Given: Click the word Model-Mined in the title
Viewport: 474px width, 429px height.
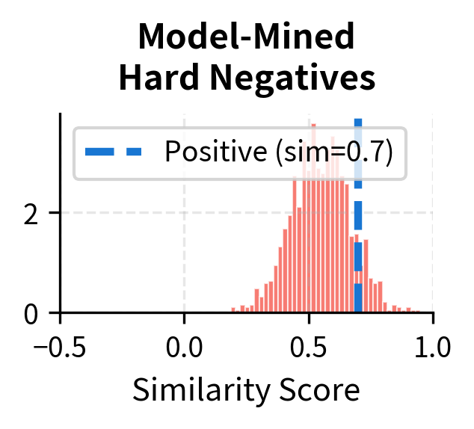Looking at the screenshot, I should point(247,37).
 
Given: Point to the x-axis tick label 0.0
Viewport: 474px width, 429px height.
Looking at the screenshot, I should point(185,348).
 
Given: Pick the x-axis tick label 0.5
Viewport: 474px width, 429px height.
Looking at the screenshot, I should point(309,348).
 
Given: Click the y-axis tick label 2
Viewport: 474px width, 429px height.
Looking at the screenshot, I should point(31,213).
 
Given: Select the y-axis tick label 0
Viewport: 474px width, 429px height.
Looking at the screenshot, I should point(31,313).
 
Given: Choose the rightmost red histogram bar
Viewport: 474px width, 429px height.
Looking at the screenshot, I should point(416,311).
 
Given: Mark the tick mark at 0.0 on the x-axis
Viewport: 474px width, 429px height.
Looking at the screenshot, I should point(185,318).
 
